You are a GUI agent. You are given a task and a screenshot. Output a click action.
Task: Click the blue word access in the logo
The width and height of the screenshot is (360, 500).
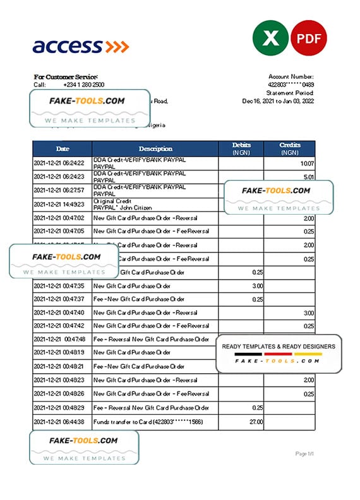[67, 46]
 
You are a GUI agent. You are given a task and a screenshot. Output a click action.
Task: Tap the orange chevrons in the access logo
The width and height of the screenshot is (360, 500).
[117, 46]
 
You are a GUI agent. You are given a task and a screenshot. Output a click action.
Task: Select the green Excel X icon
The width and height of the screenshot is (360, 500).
[270, 39]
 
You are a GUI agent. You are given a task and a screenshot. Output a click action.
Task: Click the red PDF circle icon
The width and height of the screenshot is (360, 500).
[309, 39]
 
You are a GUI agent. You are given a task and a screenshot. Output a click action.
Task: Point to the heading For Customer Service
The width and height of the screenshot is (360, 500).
[66, 76]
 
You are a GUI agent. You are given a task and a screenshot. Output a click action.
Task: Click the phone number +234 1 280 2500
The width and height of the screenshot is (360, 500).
[84, 85]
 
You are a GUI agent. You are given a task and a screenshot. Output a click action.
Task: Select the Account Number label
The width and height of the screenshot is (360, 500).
[292, 76]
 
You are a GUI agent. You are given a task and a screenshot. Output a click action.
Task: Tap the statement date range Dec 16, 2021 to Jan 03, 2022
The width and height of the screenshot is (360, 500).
[279, 101]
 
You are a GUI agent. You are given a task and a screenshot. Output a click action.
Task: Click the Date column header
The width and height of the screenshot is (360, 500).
[63, 149]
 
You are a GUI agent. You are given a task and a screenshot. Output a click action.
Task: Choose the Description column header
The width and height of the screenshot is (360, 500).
[155, 149]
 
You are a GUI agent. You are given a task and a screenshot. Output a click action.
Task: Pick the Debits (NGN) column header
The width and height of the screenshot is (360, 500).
[241, 149]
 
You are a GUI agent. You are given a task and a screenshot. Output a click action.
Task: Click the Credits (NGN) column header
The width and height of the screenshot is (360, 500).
[290, 149]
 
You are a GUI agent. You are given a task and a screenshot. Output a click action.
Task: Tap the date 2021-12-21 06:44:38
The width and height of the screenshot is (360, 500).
[59, 422]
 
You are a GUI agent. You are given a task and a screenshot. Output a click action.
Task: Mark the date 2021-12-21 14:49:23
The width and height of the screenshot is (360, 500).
[59, 205]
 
